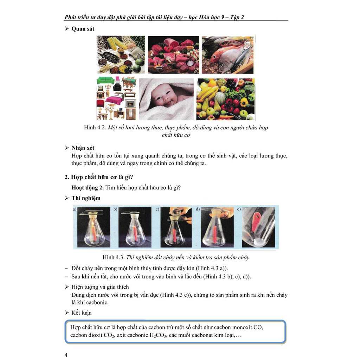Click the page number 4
point(66,355)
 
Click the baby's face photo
point(166,99)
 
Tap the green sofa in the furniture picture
point(105,81)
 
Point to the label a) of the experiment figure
point(75,209)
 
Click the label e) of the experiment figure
point(239,209)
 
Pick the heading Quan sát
point(83,29)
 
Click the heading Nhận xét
point(83,148)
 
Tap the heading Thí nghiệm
point(86,198)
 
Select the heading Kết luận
point(81,313)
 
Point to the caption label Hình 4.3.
point(114,257)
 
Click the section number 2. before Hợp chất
point(67,177)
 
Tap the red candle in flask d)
point(215,234)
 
